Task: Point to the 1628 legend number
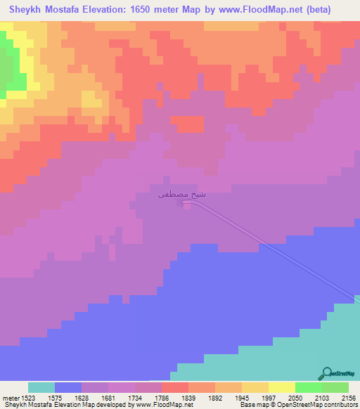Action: [81, 398]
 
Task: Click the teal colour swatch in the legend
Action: [41, 387]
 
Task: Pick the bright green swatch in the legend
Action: [308, 387]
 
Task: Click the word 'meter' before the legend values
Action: [10, 398]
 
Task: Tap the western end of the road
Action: [184, 203]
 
